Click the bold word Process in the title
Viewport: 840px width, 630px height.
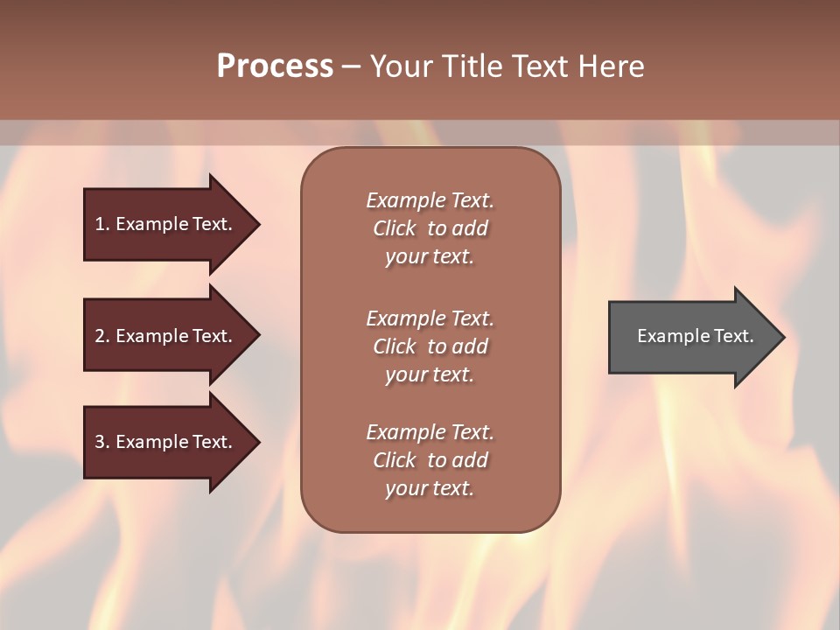coord(275,66)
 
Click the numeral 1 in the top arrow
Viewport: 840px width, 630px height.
coord(99,224)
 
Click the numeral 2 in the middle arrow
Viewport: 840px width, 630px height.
coord(100,336)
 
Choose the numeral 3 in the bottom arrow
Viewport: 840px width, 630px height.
coord(100,442)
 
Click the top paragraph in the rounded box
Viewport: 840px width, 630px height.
coord(430,228)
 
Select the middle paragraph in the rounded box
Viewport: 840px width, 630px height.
coord(430,346)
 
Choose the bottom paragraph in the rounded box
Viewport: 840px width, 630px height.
coord(430,460)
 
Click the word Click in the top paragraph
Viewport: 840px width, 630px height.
coord(394,228)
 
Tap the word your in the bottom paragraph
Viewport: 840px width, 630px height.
coord(404,489)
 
